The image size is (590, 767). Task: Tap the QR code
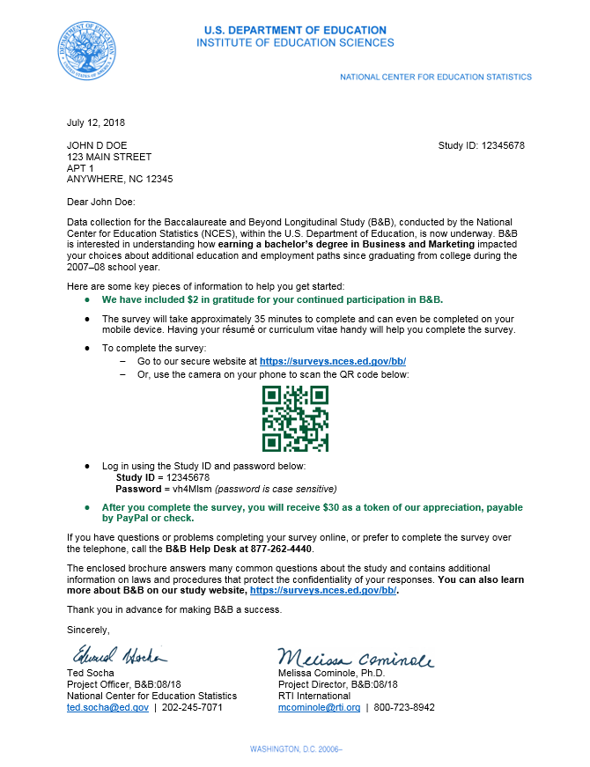tap(295, 419)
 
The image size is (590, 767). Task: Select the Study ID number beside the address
tap(504, 145)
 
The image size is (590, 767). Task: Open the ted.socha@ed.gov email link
tap(107, 707)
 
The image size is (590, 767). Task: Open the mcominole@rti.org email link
tap(319, 707)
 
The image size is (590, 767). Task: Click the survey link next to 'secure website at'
tap(332, 361)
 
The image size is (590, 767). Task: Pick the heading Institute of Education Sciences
tap(295, 42)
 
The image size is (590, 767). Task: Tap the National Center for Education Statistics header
tap(436, 77)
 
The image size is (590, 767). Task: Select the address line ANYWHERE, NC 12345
tap(120, 179)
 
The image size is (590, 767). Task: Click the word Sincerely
tap(89, 630)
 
